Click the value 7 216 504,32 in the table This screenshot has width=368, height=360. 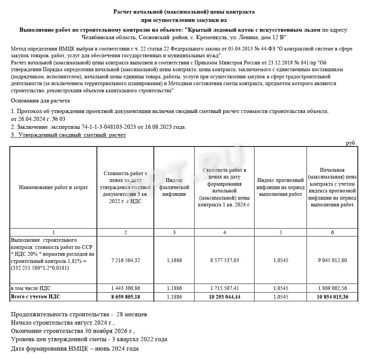click(126, 260)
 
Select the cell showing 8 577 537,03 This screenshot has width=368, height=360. click(224, 260)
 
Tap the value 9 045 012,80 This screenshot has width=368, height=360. click(332, 260)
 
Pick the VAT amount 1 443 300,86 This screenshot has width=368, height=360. click(126, 288)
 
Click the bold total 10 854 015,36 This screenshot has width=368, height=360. click(332, 297)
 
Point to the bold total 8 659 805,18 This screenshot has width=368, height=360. click(126, 297)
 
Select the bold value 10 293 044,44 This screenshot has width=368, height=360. click(224, 297)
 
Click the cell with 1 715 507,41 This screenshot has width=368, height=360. click(224, 288)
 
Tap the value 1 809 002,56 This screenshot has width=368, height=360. click(332, 288)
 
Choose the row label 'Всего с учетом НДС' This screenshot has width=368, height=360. click(36, 297)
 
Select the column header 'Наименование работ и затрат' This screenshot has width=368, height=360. click(53, 187)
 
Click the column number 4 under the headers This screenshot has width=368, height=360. click(224, 232)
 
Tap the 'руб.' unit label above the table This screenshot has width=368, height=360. click(351, 143)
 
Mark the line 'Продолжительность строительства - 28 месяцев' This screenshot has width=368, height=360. click(79, 314)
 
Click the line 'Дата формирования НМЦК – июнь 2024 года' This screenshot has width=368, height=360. click(75, 348)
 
